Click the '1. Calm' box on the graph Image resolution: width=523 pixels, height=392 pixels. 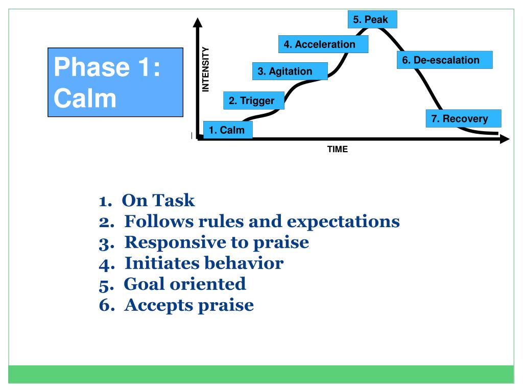point(227,130)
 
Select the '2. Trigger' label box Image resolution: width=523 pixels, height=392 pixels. point(251,101)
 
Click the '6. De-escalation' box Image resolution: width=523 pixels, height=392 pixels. point(444,60)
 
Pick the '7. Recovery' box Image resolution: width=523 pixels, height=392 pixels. point(463,119)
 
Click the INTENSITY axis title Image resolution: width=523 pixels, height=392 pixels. point(206,69)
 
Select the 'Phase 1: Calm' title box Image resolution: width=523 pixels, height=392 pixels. point(115,82)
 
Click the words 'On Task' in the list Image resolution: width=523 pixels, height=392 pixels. point(159,201)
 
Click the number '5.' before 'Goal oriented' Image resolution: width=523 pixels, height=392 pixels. point(106,284)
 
